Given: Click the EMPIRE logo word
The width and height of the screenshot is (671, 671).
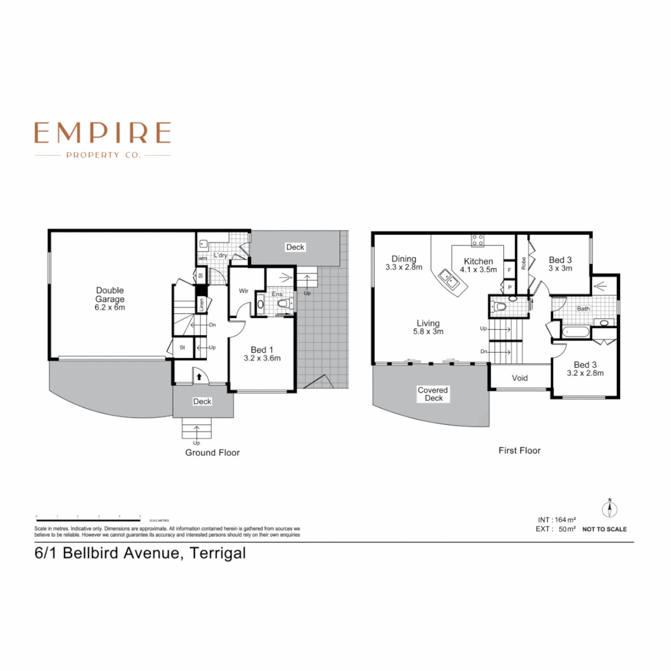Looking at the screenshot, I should (x=103, y=132).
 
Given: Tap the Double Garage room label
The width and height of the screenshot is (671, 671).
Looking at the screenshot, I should (x=109, y=299).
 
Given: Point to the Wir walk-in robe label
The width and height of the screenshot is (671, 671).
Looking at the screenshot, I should (x=244, y=290).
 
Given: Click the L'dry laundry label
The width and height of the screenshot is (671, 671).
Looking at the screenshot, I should (x=221, y=255).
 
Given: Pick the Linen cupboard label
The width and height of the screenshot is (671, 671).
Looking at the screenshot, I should (x=201, y=304).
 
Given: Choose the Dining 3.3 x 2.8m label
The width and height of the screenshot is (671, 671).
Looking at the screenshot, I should (x=404, y=263).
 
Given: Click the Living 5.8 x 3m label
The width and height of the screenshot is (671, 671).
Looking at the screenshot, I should (x=428, y=327).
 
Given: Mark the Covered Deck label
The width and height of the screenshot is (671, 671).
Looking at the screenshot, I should (x=433, y=394).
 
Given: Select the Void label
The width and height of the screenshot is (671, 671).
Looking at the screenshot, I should (x=519, y=378).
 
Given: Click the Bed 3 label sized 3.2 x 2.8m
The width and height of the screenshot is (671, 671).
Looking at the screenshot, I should (x=585, y=369).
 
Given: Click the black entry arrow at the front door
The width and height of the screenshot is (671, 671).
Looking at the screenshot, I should (x=197, y=375).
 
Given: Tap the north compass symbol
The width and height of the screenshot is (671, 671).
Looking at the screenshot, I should (x=610, y=509).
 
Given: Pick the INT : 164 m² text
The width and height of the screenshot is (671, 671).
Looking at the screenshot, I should (x=557, y=519).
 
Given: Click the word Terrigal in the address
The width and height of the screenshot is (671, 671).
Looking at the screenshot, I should (x=218, y=553).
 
